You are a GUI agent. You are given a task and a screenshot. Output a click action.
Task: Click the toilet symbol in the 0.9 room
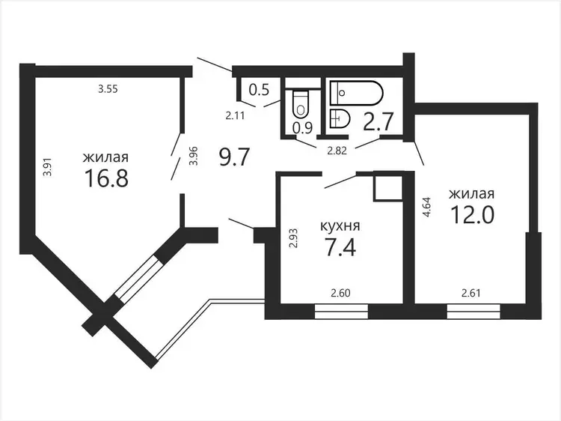pyautogui.click(x=300, y=104)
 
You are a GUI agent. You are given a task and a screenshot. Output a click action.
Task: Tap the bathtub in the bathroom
pyautogui.click(x=356, y=93)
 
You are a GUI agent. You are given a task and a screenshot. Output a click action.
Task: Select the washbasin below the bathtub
pyautogui.click(x=340, y=118)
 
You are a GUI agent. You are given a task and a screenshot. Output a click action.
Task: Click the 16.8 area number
pyautogui.click(x=106, y=178)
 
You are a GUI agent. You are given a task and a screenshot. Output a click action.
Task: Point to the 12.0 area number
pyautogui.click(x=472, y=214)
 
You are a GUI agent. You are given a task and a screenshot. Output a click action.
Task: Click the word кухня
pyautogui.click(x=340, y=226)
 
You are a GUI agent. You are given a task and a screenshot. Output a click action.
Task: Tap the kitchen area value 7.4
pyautogui.click(x=340, y=247)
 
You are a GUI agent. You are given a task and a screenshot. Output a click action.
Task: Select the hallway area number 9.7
pyautogui.click(x=234, y=157)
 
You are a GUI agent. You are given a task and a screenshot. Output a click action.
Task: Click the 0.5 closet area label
pyautogui.click(x=259, y=90)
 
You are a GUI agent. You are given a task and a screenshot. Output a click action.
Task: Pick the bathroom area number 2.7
pyautogui.click(x=378, y=121)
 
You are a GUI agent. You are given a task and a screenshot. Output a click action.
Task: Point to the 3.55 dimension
pyautogui.click(x=108, y=88)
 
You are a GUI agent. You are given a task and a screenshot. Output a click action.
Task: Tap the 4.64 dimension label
pyautogui.click(x=427, y=207)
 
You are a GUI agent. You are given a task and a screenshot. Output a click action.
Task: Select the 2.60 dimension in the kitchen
pyautogui.click(x=340, y=293)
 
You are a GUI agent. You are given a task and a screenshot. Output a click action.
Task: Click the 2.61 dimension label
pyautogui.click(x=470, y=293)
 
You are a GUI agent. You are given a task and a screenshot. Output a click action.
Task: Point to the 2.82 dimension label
pyautogui.click(x=337, y=151)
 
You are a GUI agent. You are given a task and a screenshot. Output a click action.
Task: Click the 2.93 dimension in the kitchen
pyautogui.click(x=293, y=239)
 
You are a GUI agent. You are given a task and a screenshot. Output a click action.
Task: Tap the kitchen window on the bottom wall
pyautogui.click(x=341, y=312)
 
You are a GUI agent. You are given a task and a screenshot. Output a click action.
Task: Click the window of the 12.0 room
pyautogui.click(x=473, y=312)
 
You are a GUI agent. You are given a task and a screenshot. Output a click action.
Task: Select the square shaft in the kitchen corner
pyautogui.click(x=387, y=187)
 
